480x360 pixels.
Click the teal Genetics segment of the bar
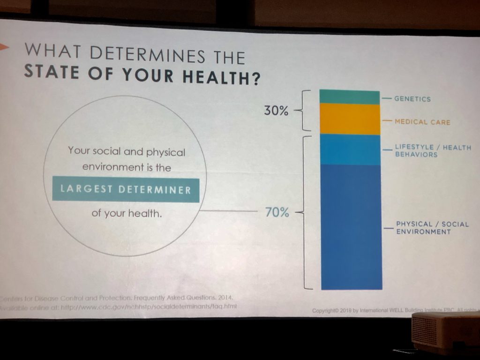349,97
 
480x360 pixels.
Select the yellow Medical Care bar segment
350,119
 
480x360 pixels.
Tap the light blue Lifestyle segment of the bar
350,150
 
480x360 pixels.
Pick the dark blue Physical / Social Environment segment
351,227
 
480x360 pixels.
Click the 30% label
277,112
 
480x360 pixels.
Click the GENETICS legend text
412,99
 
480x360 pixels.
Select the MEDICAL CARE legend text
422,122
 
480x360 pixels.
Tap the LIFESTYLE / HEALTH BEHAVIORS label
433,150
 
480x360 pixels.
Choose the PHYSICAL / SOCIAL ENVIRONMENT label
432,228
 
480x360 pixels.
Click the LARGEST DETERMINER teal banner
126,189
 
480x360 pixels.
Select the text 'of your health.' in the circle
126,213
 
